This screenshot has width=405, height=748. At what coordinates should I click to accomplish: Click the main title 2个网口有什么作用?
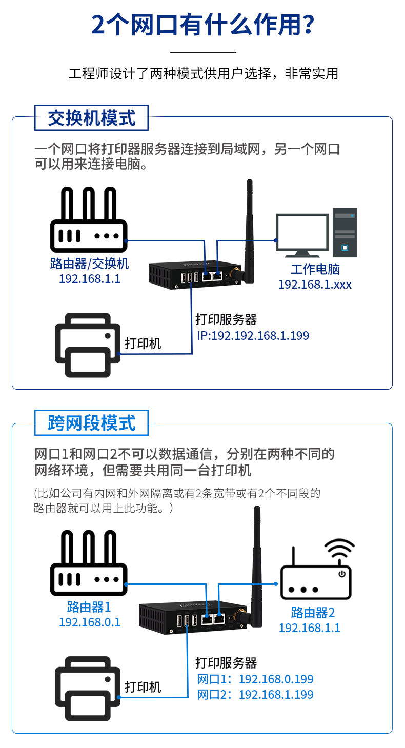[x=202, y=25]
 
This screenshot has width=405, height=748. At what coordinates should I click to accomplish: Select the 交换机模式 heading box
[x=91, y=118]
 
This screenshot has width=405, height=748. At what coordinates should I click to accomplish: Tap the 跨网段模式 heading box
[x=91, y=423]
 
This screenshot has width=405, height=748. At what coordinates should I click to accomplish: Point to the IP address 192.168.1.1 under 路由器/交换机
[x=89, y=278]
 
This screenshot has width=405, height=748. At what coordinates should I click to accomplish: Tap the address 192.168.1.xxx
[x=315, y=284]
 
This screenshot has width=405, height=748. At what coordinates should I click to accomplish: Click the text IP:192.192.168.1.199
[x=253, y=336]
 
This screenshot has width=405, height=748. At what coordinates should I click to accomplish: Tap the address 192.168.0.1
[x=89, y=622]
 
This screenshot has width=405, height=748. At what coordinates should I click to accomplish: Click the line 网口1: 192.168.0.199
[x=255, y=679]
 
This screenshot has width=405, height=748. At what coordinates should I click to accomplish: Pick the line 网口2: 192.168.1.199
[x=255, y=695]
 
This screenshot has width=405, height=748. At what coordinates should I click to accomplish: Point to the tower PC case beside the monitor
[x=345, y=232]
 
